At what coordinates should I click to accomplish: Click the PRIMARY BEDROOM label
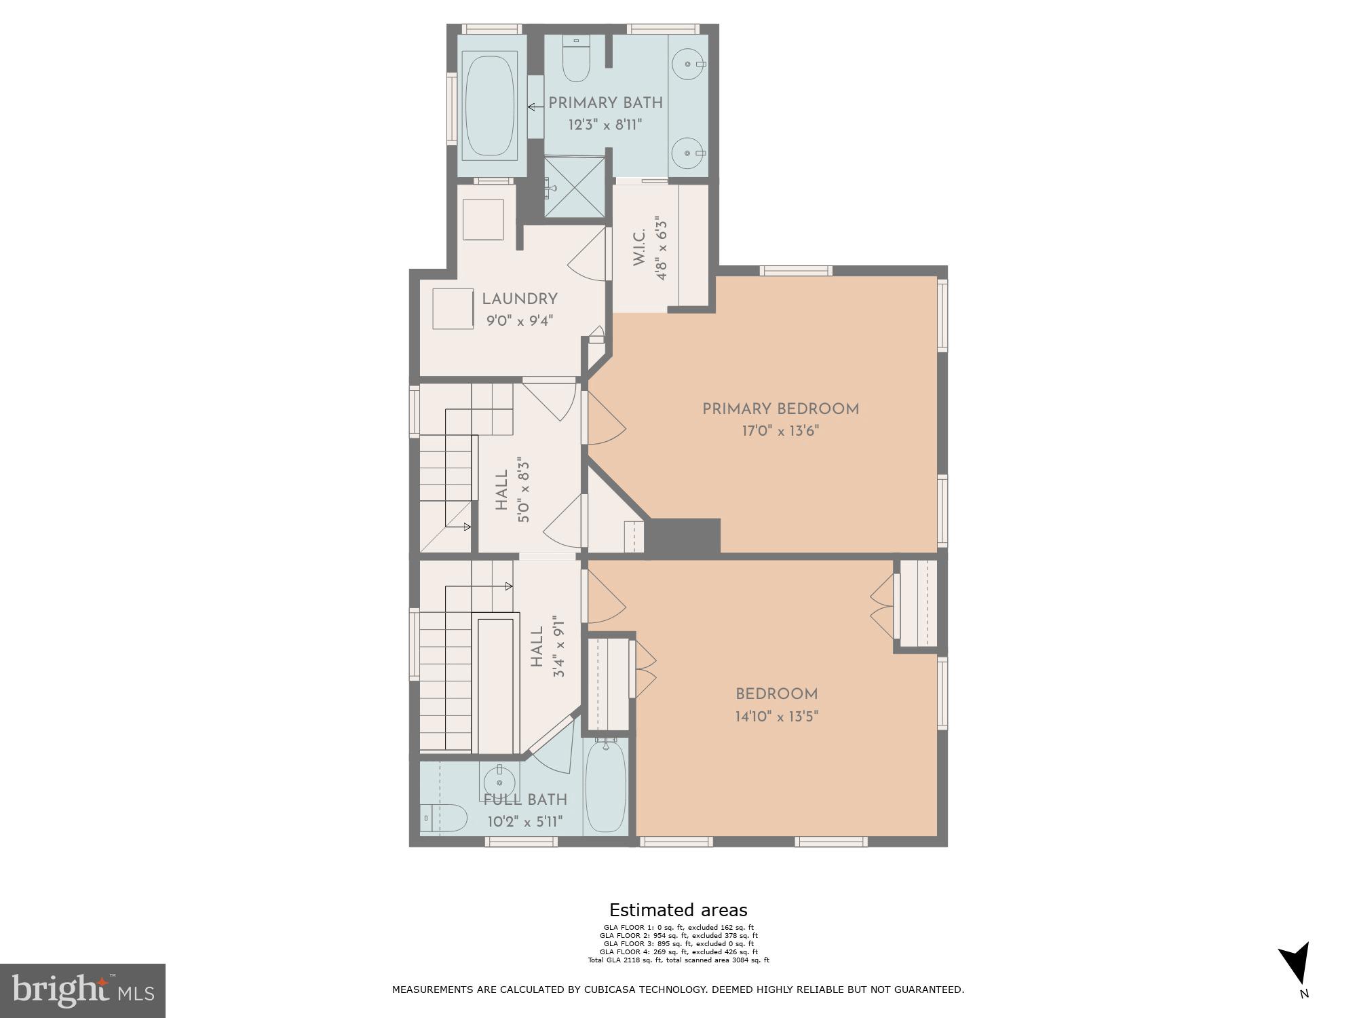780,409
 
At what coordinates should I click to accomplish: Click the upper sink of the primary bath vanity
689,64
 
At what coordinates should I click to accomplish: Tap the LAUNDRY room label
520,299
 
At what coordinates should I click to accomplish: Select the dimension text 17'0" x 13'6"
780,431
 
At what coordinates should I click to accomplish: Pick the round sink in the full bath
499,780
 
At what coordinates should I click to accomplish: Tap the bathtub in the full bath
605,787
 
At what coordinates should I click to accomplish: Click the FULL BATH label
525,800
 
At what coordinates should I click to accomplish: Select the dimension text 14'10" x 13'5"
777,717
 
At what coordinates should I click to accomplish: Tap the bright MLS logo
83,990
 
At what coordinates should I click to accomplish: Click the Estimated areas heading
678,910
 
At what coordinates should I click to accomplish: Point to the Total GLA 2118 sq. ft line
678,960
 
